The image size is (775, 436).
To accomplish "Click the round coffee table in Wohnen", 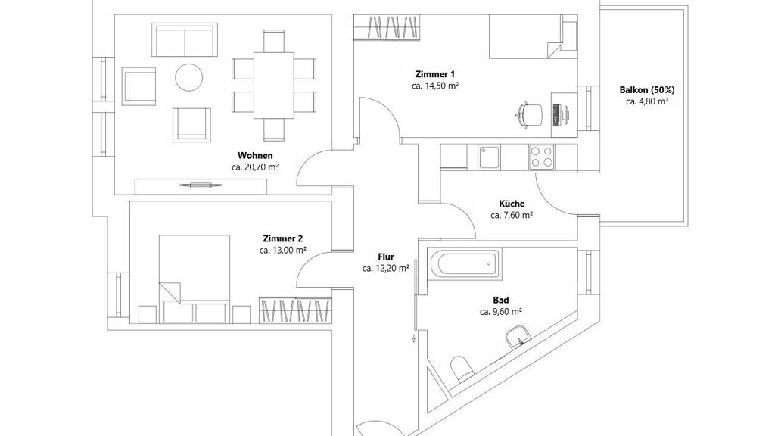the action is (x=188, y=78).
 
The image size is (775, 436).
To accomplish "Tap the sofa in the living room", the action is (x=185, y=40).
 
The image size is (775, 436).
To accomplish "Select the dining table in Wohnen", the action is (x=274, y=86).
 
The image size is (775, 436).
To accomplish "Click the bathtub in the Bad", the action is (x=463, y=264).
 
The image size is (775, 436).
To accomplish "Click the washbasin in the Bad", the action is (x=518, y=337).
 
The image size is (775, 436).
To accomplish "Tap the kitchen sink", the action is (x=489, y=157).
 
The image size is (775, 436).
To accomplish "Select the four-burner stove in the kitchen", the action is (x=541, y=157).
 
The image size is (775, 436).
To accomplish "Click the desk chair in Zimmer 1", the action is (x=528, y=115).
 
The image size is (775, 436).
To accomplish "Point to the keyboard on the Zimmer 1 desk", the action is (x=556, y=115).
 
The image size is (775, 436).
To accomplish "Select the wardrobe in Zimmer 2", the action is (x=295, y=310).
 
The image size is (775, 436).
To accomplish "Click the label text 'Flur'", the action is (x=386, y=257).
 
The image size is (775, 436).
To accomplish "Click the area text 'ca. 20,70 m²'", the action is (x=255, y=167).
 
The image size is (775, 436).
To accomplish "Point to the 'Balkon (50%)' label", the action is (x=647, y=90).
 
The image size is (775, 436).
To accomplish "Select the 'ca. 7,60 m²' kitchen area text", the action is (x=512, y=215).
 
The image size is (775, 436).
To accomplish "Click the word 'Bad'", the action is (x=501, y=300).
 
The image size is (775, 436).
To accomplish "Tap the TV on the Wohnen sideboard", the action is (x=200, y=185).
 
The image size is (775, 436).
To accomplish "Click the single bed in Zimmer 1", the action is (x=533, y=36).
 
